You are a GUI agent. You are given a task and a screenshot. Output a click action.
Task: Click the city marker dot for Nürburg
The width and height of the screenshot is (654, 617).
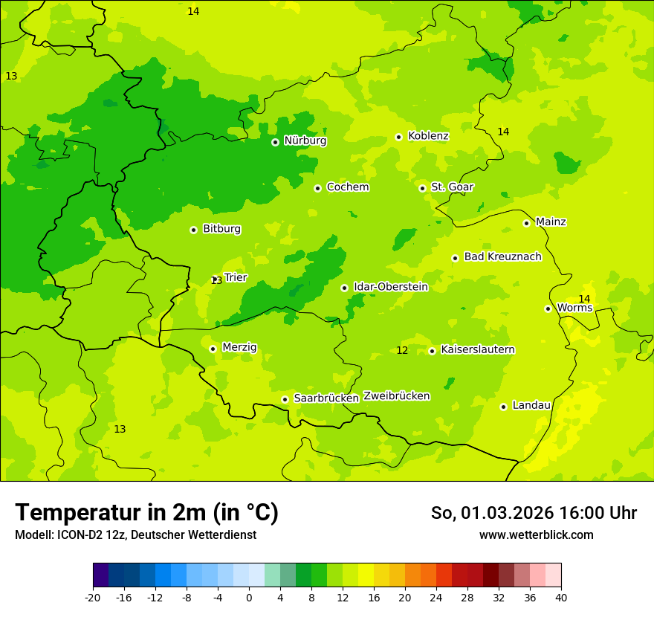point(275,141)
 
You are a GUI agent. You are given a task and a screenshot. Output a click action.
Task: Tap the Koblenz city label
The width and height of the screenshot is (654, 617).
point(428,136)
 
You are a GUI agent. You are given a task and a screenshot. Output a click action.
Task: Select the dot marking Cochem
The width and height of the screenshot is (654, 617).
point(317,188)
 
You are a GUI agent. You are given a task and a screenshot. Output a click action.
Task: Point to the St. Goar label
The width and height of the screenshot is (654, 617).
point(452,187)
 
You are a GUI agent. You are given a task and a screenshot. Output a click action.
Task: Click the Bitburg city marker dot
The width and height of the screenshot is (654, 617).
point(193,230)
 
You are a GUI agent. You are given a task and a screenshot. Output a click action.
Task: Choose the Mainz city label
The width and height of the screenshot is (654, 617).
point(551,222)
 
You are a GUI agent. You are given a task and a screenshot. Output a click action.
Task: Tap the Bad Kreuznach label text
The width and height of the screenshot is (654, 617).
point(502,256)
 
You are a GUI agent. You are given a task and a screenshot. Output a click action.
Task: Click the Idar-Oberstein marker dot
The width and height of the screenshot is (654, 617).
point(344,288)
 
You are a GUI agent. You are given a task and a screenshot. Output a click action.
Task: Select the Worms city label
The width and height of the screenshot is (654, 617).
point(574,307)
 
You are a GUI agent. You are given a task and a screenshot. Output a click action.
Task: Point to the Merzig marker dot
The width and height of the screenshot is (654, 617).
point(213,348)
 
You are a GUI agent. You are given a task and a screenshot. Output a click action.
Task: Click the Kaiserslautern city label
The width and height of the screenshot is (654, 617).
point(478,349)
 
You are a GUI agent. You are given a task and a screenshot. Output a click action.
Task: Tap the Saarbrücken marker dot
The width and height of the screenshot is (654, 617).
point(285,399)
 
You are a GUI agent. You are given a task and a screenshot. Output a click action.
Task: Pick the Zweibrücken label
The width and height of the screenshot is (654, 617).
point(396,395)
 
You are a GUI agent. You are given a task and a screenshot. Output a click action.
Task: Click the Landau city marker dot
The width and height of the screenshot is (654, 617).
point(503,407)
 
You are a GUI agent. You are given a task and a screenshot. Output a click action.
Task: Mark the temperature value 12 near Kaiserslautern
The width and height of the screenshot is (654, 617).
point(402,350)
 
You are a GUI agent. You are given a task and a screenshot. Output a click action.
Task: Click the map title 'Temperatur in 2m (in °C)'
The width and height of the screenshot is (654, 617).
point(146,512)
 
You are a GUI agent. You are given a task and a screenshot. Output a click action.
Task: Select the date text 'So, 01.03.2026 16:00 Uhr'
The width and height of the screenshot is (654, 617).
point(534,513)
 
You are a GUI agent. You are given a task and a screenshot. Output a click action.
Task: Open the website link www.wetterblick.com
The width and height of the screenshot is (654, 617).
point(536,534)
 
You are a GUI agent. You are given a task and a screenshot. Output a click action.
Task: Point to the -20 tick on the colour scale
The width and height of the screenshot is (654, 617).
point(93,598)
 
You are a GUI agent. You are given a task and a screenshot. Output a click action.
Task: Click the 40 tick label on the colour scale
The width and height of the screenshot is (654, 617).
point(561,598)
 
